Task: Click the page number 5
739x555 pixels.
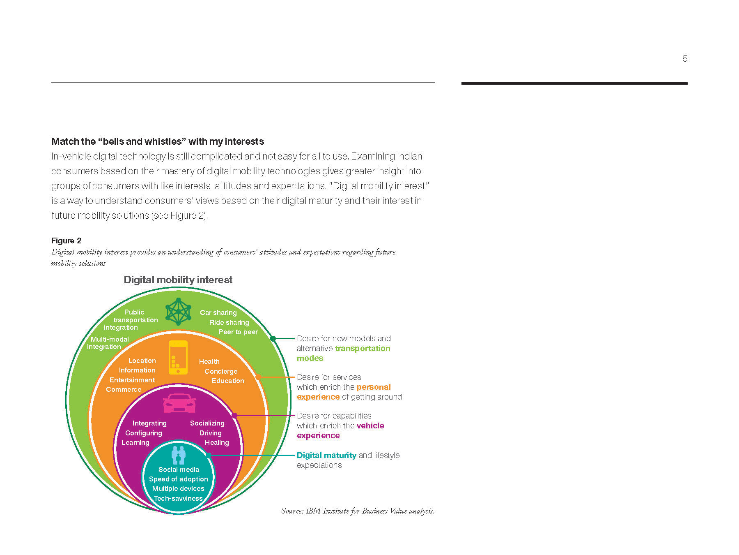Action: click(x=685, y=59)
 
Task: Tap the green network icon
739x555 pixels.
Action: click(x=178, y=312)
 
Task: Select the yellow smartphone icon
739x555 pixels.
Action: click(x=178, y=357)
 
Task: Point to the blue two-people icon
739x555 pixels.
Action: click(x=179, y=455)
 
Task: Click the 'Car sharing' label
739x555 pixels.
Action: click(x=218, y=312)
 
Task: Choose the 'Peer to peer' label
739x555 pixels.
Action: click(x=238, y=332)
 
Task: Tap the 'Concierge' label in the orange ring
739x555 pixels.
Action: click(x=221, y=371)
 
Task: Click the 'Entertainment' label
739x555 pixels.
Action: click(x=132, y=380)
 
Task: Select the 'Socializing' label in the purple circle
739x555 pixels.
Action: click(x=207, y=423)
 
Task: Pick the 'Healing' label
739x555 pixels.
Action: click(x=217, y=442)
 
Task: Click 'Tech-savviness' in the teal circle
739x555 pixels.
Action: click(x=178, y=498)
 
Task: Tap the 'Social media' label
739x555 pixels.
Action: click(x=179, y=469)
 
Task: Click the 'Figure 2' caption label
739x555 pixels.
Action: click(x=67, y=240)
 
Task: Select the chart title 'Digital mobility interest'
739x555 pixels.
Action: click(x=178, y=280)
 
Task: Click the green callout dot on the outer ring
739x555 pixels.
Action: click(x=273, y=338)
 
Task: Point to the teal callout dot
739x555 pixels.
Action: click(x=209, y=455)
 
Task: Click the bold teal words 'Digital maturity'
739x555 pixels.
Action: click(x=326, y=455)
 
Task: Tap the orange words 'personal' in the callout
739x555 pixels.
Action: click(x=374, y=387)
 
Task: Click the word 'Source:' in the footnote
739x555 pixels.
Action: click(x=292, y=511)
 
